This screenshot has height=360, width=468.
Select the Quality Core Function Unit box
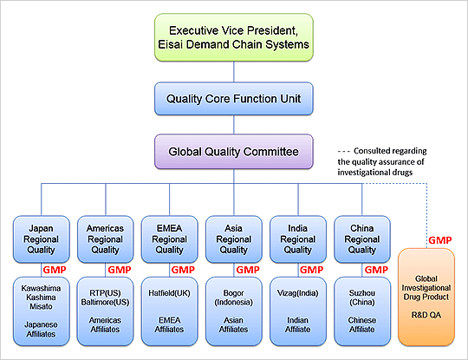235,98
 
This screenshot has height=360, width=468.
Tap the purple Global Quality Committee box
235,152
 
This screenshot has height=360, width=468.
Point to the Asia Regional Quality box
235,237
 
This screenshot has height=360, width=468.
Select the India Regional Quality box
298,237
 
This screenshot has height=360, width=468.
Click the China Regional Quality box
361,237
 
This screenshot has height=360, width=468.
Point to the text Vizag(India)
298,293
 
